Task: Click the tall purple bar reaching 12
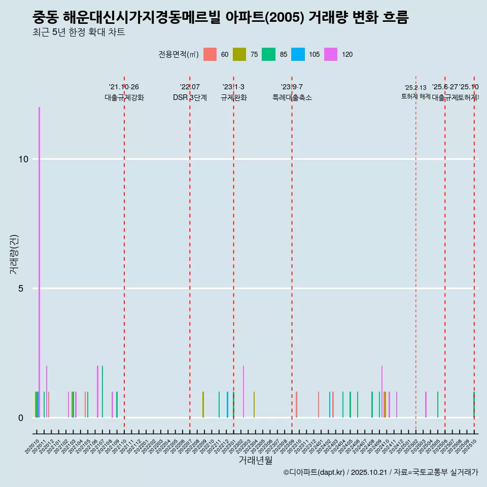tap(39, 254)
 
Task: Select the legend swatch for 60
tap(210, 54)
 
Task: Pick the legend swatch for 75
tap(239, 54)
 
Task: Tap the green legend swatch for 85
tap(268, 54)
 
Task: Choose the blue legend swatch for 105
tap(298, 54)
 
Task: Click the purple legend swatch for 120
tap(330, 54)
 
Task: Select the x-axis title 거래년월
tap(255, 460)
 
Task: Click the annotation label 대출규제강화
tap(124, 97)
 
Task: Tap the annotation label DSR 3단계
tap(190, 97)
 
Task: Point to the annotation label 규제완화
tap(233, 97)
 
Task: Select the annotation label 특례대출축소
tap(292, 97)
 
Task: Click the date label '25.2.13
tap(415, 88)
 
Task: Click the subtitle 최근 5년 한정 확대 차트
tap(79, 32)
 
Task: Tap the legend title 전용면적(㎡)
tap(179, 54)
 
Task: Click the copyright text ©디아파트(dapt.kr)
tap(314, 472)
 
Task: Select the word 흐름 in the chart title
tap(393, 17)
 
